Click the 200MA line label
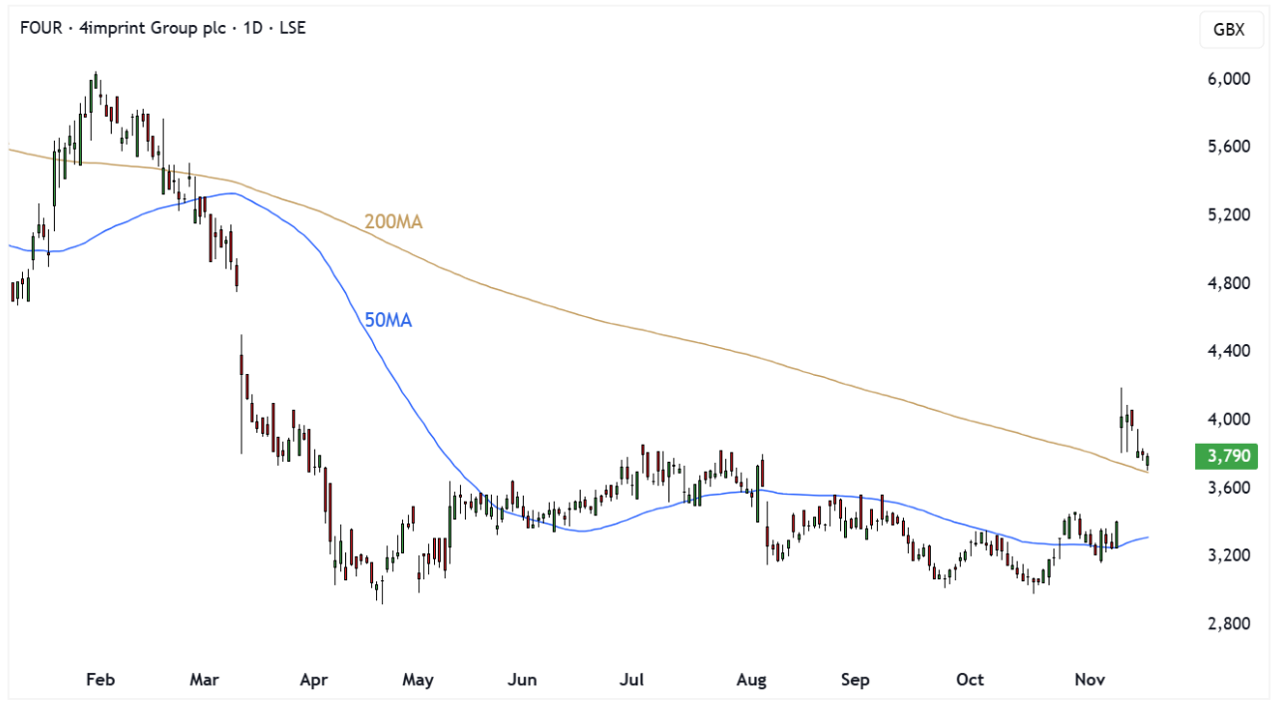tap(393, 221)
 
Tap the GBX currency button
tap(1228, 29)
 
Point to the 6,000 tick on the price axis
tap(1228, 79)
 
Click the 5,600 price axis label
tap(1228, 147)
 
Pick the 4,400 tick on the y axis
tap(1228, 351)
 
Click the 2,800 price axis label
tap(1228, 623)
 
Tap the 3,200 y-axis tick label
tap(1228, 555)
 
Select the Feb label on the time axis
tap(100, 680)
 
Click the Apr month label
tap(314, 680)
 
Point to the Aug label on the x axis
tap(751, 680)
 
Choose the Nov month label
tap(1089, 680)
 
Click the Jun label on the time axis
tap(522, 680)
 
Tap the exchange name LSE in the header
tap(291, 28)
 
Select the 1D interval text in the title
tap(254, 28)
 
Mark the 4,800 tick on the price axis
tap(1228, 283)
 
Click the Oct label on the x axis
tap(970, 680)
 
